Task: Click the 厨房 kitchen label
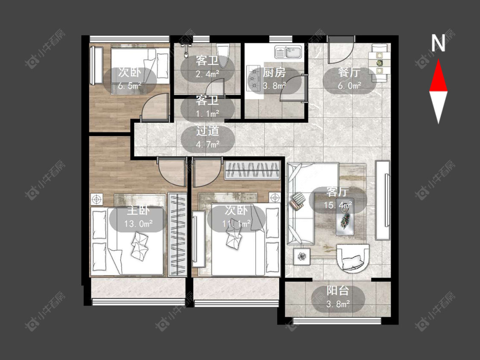tap(274, 73)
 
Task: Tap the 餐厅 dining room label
tap(349, 73)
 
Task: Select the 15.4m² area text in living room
tap(338, 205)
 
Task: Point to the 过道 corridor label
tap(207, 131)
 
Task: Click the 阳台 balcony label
tap(338, 290)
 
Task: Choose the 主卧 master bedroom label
tap(138, 211)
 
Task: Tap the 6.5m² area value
tap(130, 86)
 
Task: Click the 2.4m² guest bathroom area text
tap(207, 74)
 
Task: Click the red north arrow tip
tap(438, 60)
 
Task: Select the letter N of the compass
tap(438, 43)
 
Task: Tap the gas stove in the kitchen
tap(254, 78)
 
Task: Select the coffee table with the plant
tap(345, 220)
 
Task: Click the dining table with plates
tap(380, 63)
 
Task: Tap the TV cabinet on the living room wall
tap(383, 200)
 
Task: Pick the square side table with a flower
tap(302, 256)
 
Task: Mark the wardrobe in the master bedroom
tap(177, 235)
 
